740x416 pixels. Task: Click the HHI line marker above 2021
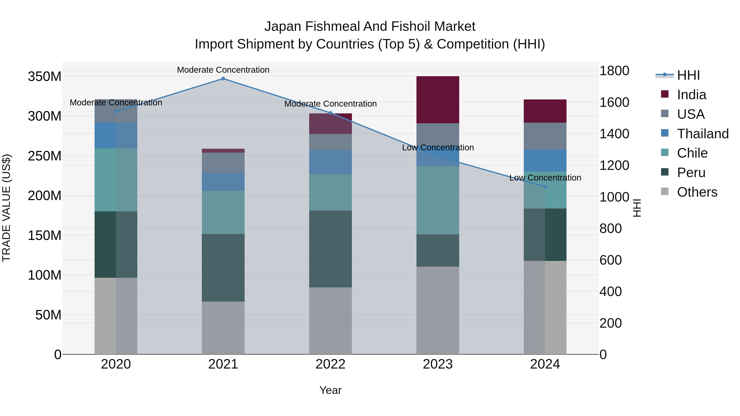pos(223,79)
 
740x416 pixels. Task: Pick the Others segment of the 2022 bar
pos(330,321)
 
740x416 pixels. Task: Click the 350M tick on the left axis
pos(45,77)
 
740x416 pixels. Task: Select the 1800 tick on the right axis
pos(614,71)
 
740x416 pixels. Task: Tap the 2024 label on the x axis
pos(545,364)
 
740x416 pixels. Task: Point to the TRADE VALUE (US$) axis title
pos(6,208)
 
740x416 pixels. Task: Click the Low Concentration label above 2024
pos(545,178)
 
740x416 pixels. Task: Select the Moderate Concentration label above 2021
pos(223,70)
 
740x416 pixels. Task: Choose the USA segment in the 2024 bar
pos(545,136)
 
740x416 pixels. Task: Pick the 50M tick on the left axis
pos(48,315)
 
